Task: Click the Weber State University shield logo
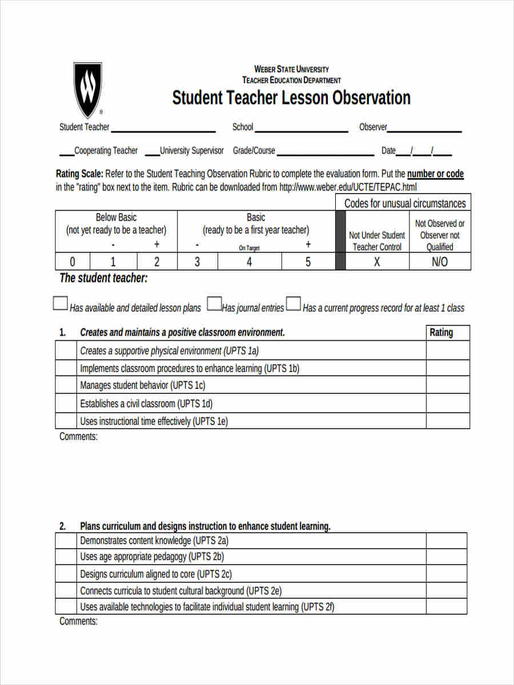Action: [87, 89]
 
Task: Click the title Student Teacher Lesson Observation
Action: [291, 98]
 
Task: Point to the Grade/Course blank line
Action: [325, 153]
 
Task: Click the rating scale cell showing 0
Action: [73, 261]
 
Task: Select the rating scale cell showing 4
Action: [250, 261]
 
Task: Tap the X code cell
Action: [377, 261]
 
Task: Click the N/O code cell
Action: [440, 261]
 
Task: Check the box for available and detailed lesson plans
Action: [61, 303]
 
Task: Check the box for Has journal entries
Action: [214, 303]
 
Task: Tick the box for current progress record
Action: [294, 303]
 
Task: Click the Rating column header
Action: [441, 332]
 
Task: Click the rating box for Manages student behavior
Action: [448, 385]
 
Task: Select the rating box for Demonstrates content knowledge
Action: [446, 541]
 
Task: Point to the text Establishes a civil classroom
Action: [146, 404]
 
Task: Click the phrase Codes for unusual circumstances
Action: [405, 203]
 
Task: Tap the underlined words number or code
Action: [435, 174]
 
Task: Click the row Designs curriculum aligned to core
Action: [156, 574]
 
